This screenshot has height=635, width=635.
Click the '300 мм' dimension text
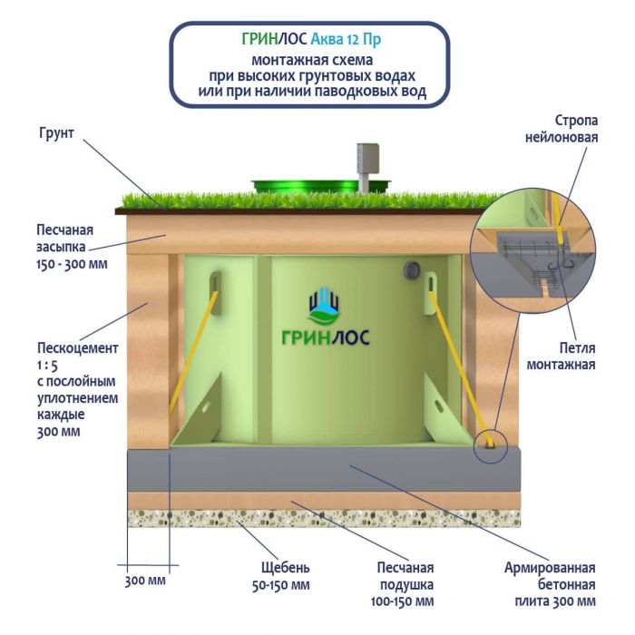point(145,581)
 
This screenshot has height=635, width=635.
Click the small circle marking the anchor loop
point(492,444)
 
